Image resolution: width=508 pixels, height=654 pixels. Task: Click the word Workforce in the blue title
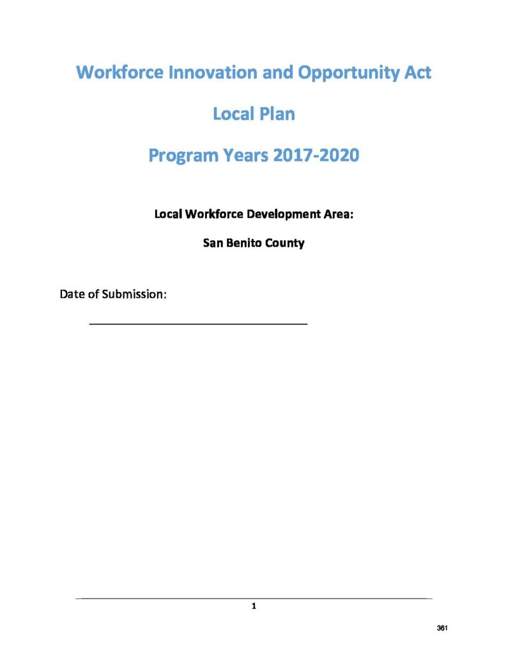tap(119, 73)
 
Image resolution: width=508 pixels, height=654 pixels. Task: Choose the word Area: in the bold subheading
tap(337, 213)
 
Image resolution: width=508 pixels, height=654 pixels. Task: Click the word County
tap(286, 243)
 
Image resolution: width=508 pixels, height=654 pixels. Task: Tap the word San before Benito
tap(212, 243)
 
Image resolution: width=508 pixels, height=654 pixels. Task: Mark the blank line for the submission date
tap(198, 324)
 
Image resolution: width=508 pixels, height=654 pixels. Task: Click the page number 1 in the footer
tap(254, 606)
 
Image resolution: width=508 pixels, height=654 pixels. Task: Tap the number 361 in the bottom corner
tap(442, 628)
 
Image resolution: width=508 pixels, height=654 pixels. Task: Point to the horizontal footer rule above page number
tap(254, 598)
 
